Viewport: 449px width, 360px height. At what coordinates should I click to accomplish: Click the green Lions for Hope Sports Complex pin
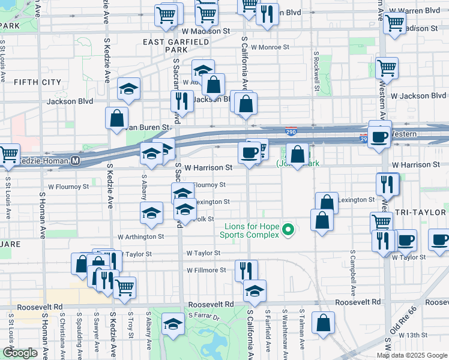(x=288, y=230)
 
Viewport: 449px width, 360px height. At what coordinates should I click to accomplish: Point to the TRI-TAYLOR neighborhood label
(x=422, y=213)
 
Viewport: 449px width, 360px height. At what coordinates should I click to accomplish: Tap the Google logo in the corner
(x=20, y=353)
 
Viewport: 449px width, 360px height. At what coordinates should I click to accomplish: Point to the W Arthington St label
(x=141, y=237)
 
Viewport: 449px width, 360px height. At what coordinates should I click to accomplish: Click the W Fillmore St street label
(x=206, y=270)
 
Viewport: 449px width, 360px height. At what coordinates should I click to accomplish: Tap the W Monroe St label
(x=270, y=46)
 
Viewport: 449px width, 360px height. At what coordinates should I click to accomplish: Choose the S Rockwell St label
(x=316, y=71)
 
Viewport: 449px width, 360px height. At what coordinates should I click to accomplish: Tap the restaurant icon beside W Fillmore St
(x=246, y=270)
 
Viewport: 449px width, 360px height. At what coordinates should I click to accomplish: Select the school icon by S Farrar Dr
(x=173, y=325)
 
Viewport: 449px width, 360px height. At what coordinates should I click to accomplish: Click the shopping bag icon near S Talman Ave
(x=323, y=323)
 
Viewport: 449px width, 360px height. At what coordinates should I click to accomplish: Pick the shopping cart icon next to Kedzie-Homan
(x=8, y=154)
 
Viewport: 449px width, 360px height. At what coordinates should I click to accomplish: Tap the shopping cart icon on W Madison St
(x=394, y=24)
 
